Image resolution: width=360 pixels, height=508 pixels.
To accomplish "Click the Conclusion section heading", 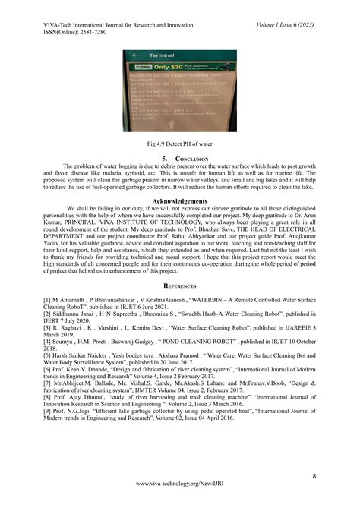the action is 181,157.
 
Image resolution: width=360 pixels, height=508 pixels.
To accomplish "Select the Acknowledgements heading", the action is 181,200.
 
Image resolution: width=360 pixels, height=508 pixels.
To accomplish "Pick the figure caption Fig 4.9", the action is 181,143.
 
